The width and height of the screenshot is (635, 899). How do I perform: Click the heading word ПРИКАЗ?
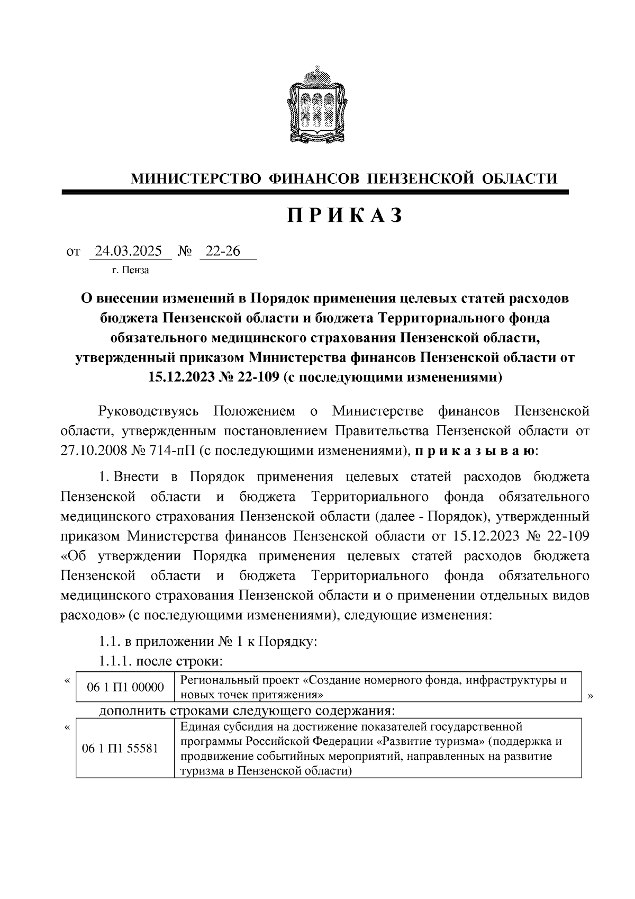click(345, 216)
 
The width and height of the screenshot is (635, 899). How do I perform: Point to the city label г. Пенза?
click(130, 271)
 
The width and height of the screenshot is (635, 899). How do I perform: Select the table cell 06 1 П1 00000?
click(125, 687)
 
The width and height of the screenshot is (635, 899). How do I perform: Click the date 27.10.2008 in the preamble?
click(98, 451)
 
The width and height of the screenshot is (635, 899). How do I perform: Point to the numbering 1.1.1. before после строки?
click(115, 661)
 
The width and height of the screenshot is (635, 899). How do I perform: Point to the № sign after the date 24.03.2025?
click(185, 251)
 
